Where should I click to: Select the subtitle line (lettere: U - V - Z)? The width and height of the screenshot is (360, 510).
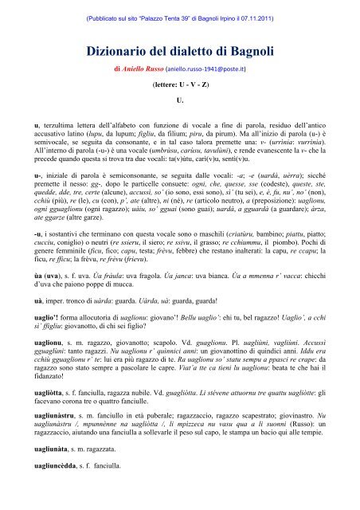click(179, 88)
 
